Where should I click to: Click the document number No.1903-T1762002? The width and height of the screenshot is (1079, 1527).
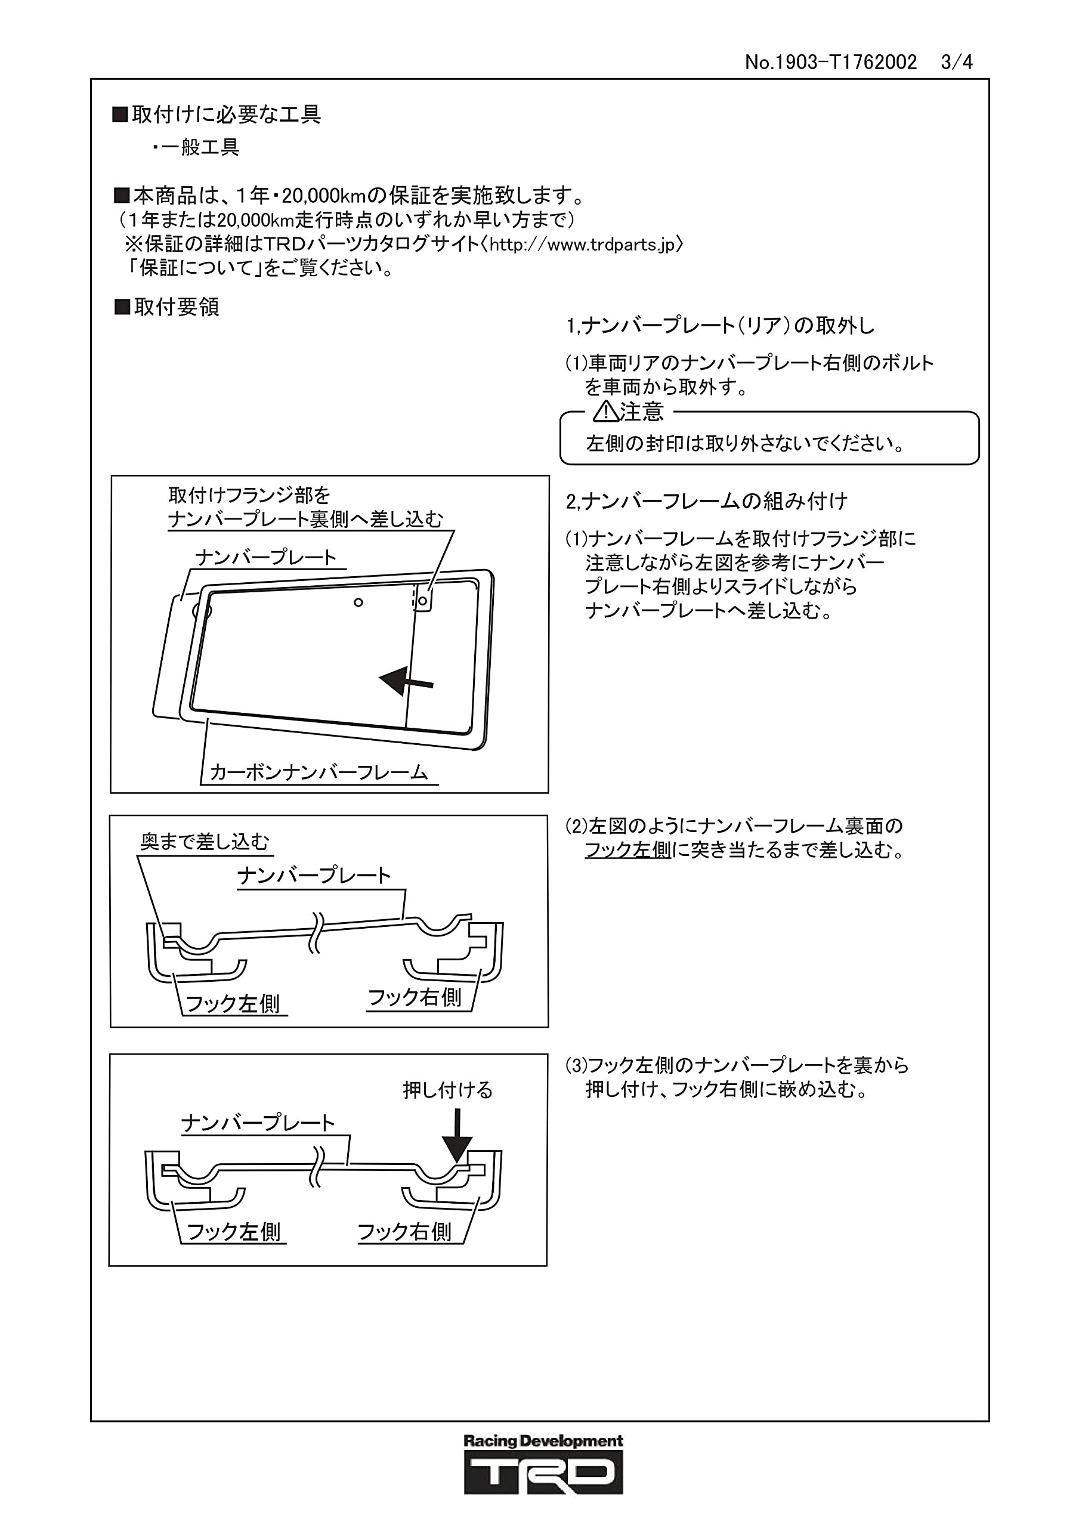point(830,63)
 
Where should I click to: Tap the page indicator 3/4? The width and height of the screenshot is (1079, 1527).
point(957,63)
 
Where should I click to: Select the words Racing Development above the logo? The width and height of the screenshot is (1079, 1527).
point(543,1441)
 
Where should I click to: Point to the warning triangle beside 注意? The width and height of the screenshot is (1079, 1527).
point(605,412)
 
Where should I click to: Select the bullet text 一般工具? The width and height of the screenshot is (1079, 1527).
point(200,147)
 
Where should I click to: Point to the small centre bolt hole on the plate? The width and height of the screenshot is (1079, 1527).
point(358,602)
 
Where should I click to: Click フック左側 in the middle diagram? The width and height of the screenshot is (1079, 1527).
point(232,1004)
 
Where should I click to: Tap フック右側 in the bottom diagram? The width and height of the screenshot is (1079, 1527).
point(404,1232)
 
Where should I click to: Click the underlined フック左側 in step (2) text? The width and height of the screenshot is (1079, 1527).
point(627,850)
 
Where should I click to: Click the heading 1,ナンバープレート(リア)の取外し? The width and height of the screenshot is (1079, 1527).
point(720,326)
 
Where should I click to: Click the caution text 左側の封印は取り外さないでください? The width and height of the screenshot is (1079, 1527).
point(745,444)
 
